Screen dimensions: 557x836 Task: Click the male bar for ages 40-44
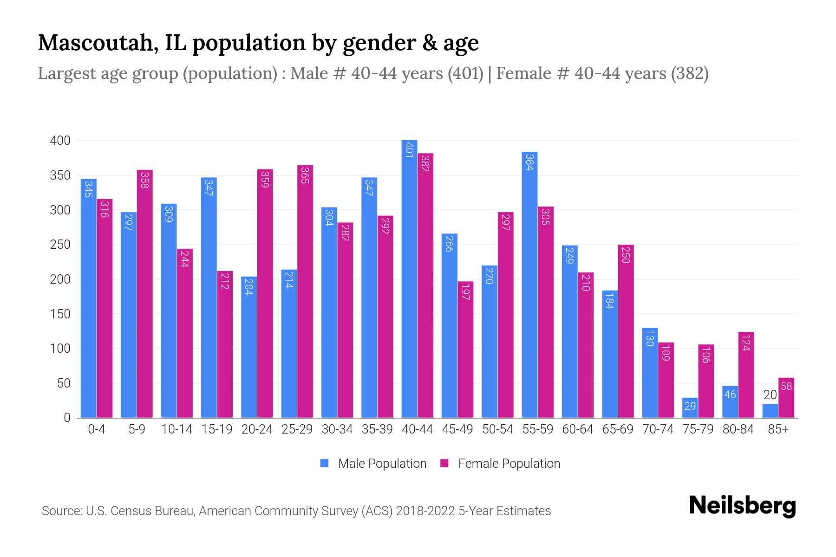click(x=409, y=278)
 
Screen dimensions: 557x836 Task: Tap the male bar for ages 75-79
click(x=690, y=408)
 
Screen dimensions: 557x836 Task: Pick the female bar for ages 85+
click(x=786, y=398)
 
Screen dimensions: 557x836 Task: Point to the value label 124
click(x=746, y=342)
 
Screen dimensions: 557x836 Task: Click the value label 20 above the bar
click(x=770, y=395)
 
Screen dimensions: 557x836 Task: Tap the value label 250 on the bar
click(x=626, y=254)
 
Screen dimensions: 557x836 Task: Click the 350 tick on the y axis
click(x=60, y=175)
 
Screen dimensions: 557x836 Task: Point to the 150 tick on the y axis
click(x=60, y=314)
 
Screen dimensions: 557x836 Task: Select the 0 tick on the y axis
click(x=67, y=418)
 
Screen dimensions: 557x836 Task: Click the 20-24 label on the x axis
click(x=257, y=429)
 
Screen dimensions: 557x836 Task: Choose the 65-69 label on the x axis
click(x=618, y=429)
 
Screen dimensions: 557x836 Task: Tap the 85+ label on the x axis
click(x=778, y=429)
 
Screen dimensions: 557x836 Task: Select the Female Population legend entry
click(x=500, y=464)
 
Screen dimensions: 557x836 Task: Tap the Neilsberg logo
click(x=742, y=506)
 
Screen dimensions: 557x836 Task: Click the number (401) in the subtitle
click(x=465, y=73)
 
